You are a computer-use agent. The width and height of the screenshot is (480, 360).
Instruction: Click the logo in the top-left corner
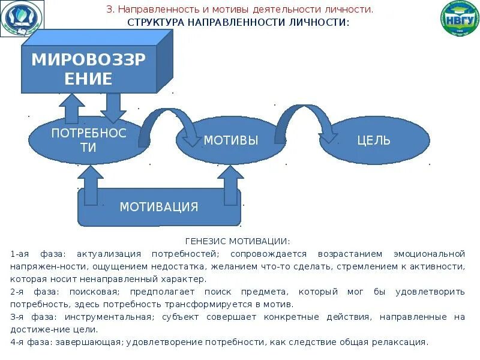[x=22, y=19]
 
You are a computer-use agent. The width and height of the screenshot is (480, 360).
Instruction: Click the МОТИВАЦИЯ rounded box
[x=159, y=207]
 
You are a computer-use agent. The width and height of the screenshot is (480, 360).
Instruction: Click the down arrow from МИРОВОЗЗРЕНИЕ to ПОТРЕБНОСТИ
[x=113, y=107]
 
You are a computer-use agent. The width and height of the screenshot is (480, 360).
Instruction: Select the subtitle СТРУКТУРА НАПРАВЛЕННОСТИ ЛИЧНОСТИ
[x=238, y=22]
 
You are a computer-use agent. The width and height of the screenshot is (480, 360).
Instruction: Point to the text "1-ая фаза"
[x=31, y=254]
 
